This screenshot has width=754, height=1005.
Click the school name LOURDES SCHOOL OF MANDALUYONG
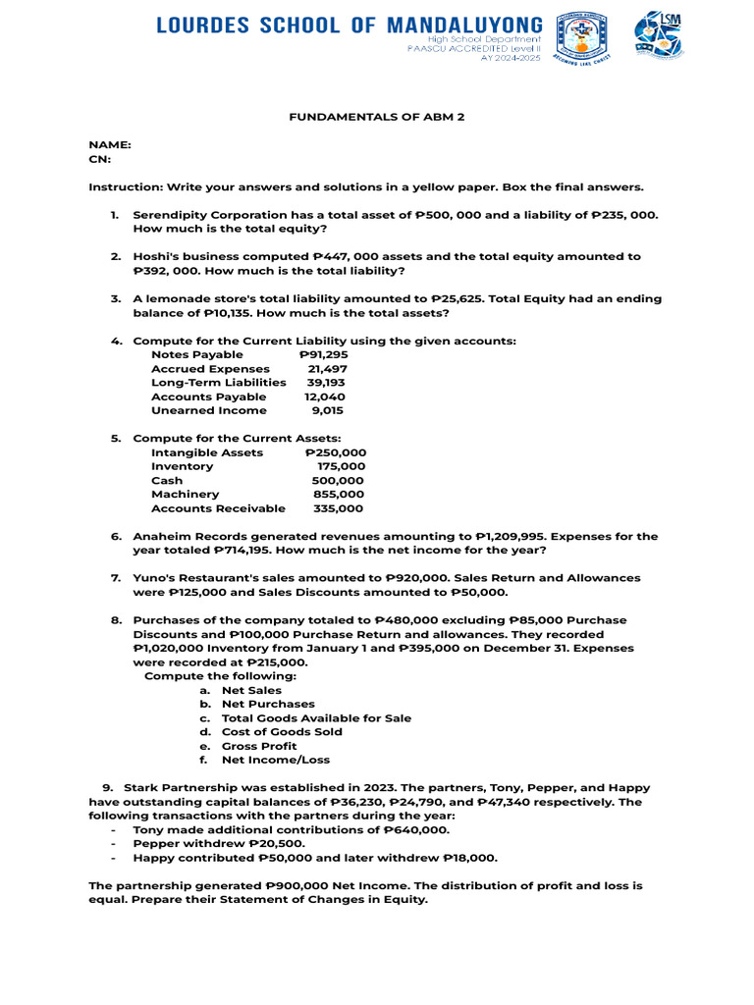[349, 25]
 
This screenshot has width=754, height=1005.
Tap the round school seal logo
[581, 36]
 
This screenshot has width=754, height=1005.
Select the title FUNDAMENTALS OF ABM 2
[376, 117]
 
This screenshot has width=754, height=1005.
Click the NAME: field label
[110, 144]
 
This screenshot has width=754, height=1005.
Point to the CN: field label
[100, 158]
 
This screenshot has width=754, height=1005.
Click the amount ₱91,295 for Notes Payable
[323, 354]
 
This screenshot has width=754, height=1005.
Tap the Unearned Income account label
[208, 410]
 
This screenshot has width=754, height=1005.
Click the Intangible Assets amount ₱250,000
[335, 452]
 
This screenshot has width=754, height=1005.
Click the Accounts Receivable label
[218, 508]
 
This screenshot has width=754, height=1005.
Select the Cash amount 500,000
[337, 481]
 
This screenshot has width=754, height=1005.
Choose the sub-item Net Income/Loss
[276, 760]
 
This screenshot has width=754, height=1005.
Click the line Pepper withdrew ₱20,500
[219, 843]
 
